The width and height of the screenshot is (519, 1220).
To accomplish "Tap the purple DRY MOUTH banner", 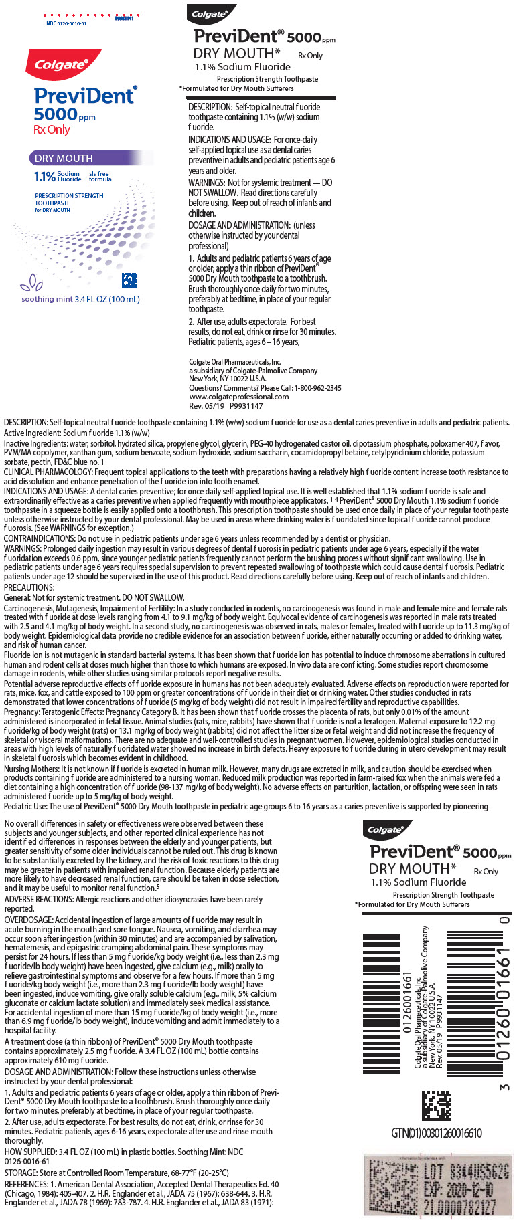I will pos(64,159).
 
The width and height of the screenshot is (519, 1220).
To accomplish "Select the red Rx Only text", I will pos(52,130).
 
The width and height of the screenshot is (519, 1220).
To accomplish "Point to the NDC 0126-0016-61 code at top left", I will pos(66,23).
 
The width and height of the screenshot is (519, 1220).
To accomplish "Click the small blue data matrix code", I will pos(129,280).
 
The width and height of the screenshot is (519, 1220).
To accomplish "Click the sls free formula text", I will pos(100,177).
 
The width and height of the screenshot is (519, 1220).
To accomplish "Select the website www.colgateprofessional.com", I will pos(238,396).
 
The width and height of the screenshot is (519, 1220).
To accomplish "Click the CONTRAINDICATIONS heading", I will pos(39,538).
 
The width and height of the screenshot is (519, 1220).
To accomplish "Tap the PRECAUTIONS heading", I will pos(29,587).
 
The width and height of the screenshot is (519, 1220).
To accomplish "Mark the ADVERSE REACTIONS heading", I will pos(38,900).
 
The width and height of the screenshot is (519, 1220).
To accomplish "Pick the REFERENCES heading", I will pos(27,1184).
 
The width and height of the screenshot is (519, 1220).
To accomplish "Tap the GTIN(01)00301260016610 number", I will pos(436,1132).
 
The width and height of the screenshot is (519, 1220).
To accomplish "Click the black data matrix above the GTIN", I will pos(436,1106).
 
